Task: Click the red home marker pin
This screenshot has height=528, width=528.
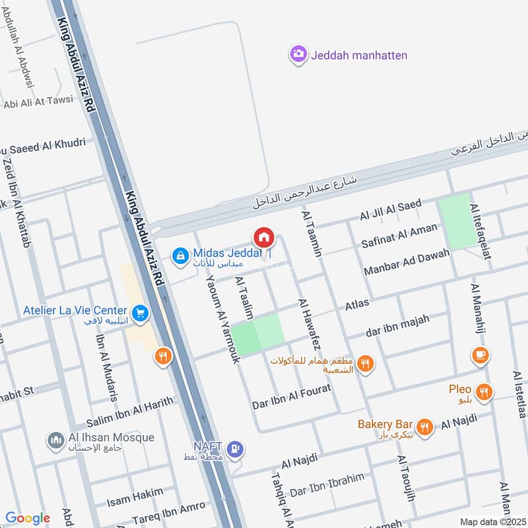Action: tap(263, 238)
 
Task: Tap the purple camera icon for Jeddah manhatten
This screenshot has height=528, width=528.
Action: tap(298, 54)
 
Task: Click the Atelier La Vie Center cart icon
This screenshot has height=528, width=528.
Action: tap(139, 313)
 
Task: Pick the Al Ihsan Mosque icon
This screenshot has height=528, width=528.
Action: tap(55, 440)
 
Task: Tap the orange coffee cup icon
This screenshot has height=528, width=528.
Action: tap(480, 356)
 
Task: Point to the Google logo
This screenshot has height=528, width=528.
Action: tap(28, 518)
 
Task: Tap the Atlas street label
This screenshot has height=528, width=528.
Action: tap(357, 306)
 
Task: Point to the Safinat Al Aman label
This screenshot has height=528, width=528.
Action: tap(399, 236)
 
